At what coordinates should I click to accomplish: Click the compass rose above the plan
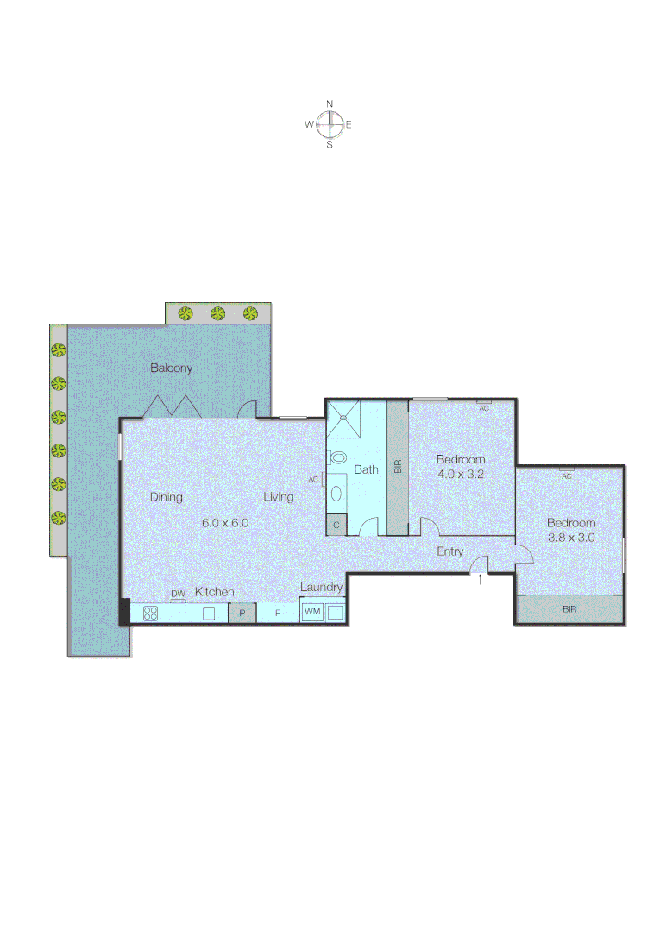coord(330,124)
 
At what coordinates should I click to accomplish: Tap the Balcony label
coord(172,368)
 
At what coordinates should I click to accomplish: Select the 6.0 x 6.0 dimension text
coord(225,522)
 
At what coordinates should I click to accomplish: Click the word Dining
coord(167,497)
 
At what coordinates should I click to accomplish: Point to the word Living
coord(279,497)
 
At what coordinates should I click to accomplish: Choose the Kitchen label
coord(214,592)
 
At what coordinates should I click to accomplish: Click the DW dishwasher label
coord(178,594)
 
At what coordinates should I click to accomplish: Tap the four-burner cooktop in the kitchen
coord(150,614)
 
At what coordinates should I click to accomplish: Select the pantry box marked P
coord(242,614)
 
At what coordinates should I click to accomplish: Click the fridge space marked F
coord(277,614)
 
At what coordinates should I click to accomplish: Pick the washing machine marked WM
coord(311,612)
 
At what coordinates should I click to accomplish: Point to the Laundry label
coord(322,588)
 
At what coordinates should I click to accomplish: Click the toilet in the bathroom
coord(338,457)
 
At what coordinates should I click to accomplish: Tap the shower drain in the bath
coord(343,417)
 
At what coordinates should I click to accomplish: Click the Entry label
coord(449,551)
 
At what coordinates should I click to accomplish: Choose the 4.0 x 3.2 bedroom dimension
coord(461,475)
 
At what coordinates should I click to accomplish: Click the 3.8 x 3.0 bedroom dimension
coord(571,537)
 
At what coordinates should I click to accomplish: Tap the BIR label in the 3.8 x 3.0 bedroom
coord(569,609)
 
